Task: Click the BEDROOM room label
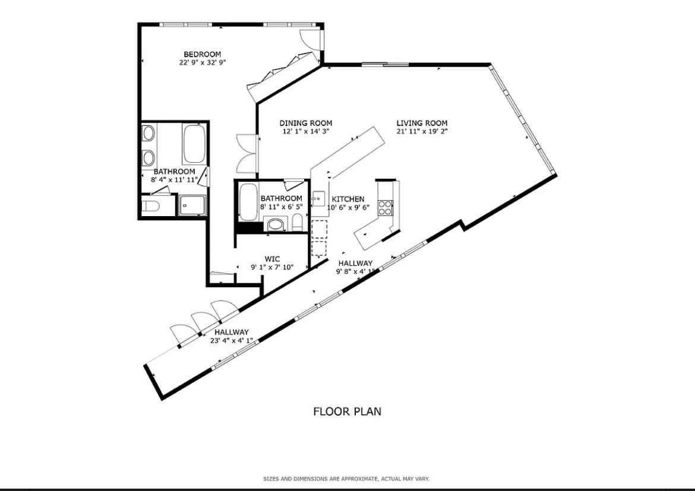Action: point(202,55)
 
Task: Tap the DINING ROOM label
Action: point(306,123)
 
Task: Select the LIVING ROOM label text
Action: point(422,123)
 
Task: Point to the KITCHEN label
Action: point(348,199)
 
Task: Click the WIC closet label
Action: point(272,259)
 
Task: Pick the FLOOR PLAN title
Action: point(347,411)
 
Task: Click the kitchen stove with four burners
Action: point(385,207)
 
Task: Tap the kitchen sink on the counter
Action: point(318,198)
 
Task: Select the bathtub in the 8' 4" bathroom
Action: point(194,144)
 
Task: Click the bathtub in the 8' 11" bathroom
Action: point(248,202)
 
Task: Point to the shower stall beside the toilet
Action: point(192,205)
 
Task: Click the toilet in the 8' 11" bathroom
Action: point(297,223)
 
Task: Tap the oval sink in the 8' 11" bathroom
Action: point(276,224)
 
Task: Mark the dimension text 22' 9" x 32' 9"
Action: point(203,62)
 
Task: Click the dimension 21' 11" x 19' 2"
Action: point(422,131)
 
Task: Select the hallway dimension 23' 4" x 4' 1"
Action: point(232,340)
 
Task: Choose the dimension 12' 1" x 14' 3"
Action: point(306,131)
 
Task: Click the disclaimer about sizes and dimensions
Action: point(347,479)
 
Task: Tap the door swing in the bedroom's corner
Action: point(310,40)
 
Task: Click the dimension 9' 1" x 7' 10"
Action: point(273,267)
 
